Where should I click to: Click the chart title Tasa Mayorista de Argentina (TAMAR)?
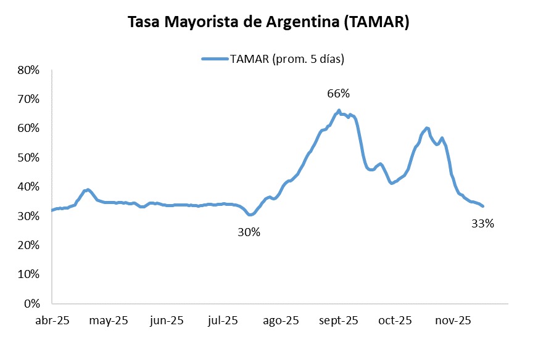coord(268,23)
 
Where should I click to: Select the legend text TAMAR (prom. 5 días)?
coord(286,59)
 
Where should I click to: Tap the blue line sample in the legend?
coord(215,59)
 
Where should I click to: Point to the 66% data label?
coord(338,94)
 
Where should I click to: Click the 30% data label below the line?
coord(249,232)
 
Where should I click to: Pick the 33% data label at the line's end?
coord(482,224)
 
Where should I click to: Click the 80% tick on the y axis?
coord(28,70)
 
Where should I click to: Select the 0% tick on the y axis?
coord(31,304)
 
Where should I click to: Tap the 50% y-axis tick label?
coord(28,158)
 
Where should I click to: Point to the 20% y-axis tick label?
coord(28,245)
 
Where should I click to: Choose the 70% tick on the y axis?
coord(28,99)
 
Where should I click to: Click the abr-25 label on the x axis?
coord(52,321)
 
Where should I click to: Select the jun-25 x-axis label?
coord(167,321)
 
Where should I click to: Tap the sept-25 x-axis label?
coord(339,321)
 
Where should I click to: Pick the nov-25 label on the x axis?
coord(453,321)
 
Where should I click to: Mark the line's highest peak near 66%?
coord(339,110)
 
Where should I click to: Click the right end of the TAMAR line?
coord(482,206)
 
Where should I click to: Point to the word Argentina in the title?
coord(302,23)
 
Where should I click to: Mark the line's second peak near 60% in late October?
coord(427,128)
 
